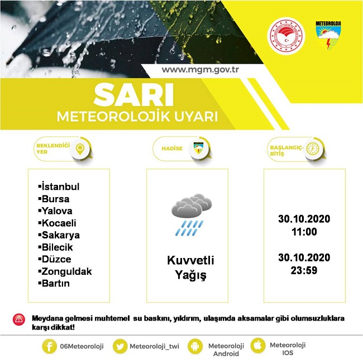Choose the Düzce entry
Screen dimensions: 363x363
(56, 259)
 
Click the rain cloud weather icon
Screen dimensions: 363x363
(191, 216)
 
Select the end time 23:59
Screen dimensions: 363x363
(304, 270)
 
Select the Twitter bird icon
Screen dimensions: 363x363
(120, 346)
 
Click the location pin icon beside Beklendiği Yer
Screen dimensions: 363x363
(80, 149)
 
